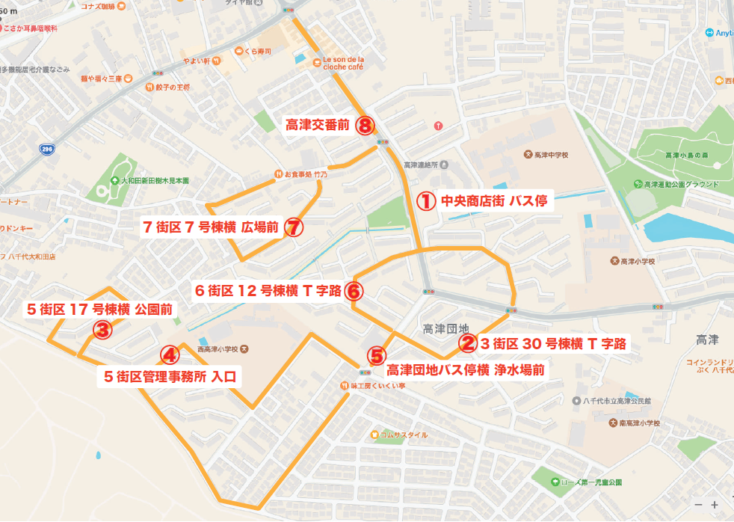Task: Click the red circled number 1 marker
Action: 425,201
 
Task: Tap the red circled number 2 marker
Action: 469,343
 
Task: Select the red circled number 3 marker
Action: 102,328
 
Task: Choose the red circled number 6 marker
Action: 355,291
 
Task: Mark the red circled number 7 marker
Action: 294,227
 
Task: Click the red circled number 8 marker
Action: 365,125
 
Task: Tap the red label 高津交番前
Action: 318,125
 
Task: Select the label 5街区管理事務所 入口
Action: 170,376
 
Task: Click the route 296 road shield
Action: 46,150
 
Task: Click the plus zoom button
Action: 715,505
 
